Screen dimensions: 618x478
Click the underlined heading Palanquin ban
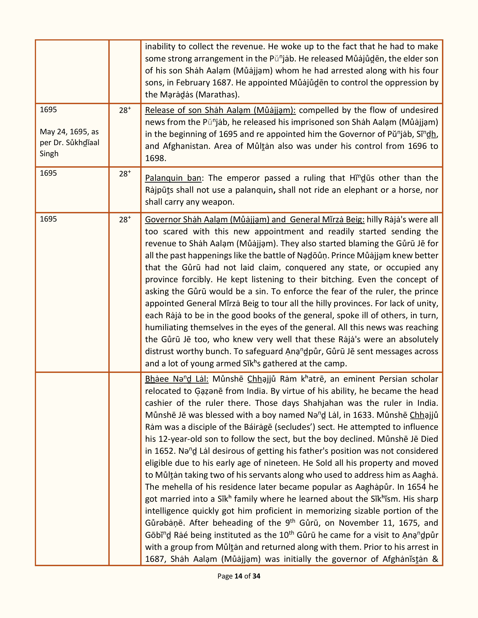coord(173,178)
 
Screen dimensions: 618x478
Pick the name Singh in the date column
coord(49,154)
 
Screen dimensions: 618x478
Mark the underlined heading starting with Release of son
coord(220,110)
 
